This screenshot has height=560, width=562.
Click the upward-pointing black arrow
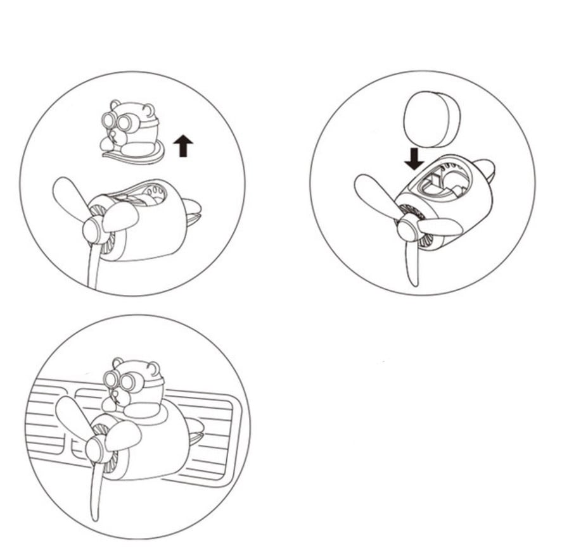click(x=183, y=147)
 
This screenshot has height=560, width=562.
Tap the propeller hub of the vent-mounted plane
click(x=95, y=449)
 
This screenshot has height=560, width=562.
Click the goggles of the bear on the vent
click(x=121, y=381)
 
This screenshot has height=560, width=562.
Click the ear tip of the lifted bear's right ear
click(x=150, y=109)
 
